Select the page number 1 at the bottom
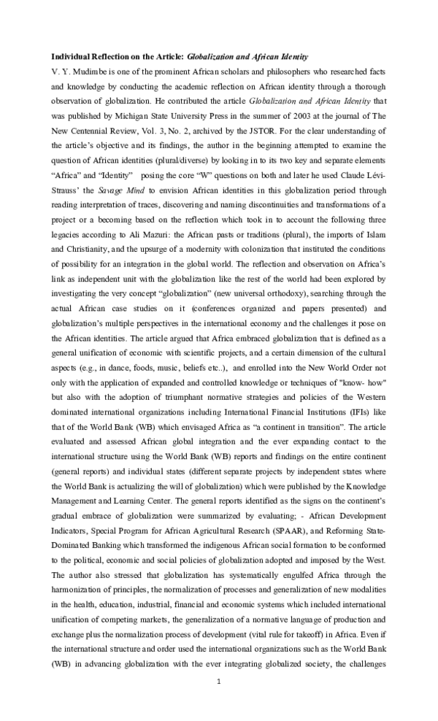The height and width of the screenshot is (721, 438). [218, 682]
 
